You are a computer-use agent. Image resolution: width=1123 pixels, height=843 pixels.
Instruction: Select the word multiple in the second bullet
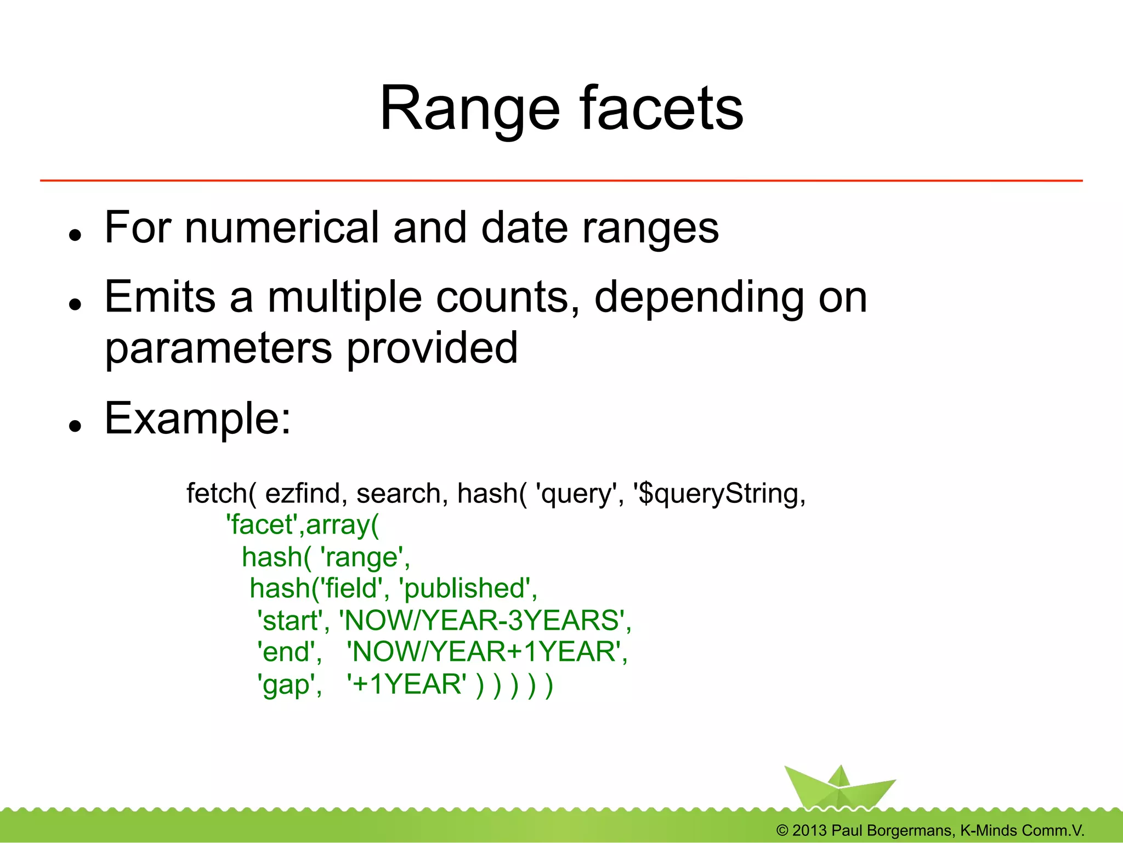[344, 297]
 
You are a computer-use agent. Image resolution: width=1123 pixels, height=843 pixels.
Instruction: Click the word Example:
[197, 419]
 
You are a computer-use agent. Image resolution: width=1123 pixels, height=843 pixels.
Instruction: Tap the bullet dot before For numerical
[75, 235]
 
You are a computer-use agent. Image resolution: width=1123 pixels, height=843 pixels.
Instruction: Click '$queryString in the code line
[719, 494]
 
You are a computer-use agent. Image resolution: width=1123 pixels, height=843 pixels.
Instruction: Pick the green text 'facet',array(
[302, 525]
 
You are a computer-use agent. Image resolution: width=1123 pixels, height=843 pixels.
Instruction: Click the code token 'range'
[364, 557]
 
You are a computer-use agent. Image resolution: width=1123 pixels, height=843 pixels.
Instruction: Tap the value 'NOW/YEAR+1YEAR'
[486, 652]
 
